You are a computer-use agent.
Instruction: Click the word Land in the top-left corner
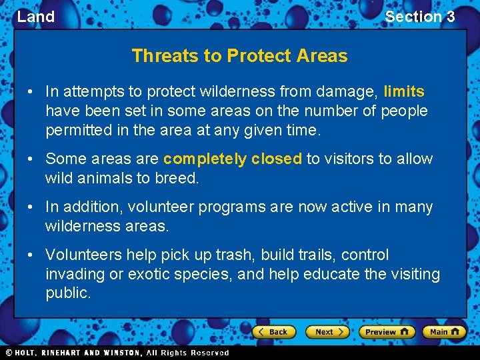36,17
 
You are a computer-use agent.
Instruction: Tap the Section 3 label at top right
419,17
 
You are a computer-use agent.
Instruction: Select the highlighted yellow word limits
404,91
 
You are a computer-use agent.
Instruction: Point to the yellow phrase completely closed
233,159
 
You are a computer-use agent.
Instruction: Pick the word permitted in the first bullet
78,130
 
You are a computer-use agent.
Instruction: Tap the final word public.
68,293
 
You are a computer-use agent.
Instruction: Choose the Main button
444,331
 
